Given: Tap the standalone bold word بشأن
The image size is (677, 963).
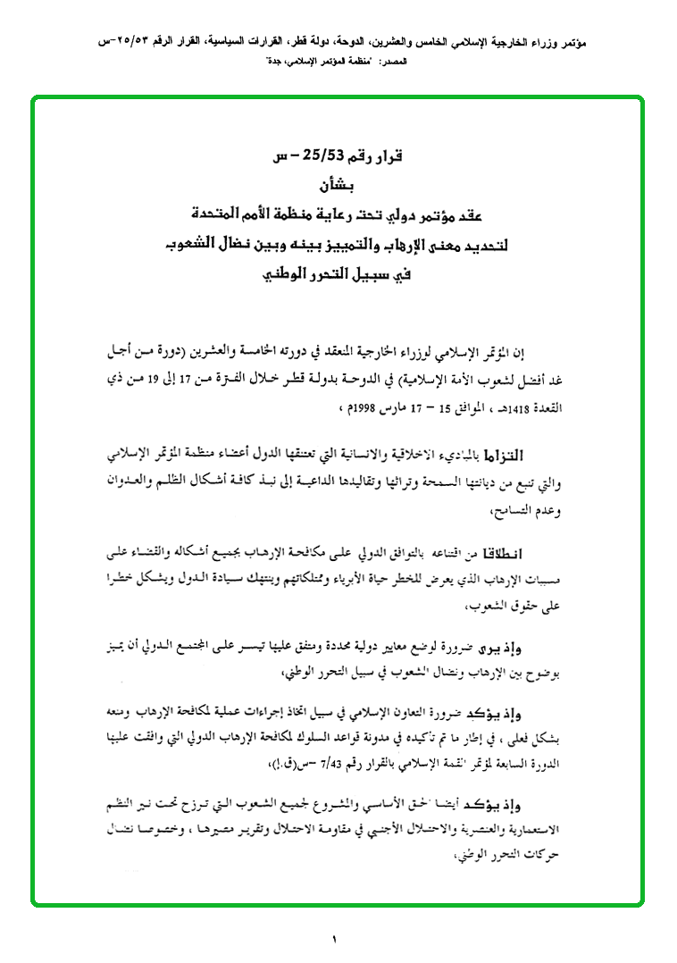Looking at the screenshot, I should [x=335, y=188].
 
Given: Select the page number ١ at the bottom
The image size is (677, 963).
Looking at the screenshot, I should [x=335, y=939].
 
